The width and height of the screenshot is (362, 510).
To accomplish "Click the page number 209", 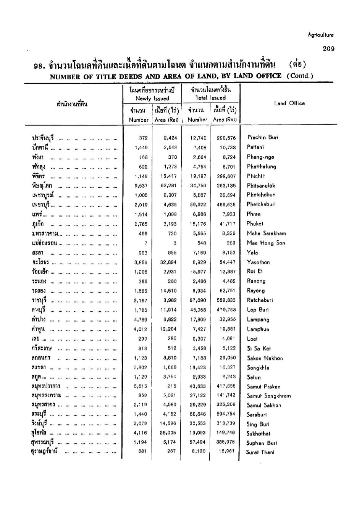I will (x=328, y=49).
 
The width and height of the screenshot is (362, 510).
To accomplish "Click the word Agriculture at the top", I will (x=320, y=35).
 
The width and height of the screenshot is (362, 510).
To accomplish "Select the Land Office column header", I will (x=289, y=103).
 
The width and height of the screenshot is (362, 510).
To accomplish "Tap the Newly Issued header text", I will (x=152, y=98).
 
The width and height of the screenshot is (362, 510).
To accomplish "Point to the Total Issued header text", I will (x=210, y=98).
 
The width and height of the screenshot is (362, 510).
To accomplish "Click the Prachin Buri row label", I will (x=262, y=137).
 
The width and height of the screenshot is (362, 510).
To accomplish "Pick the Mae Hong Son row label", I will (x=266, y=243).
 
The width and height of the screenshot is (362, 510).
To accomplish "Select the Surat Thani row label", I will (x=260, y=452).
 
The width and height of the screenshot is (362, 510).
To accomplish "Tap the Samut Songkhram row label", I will (x=268, y=396).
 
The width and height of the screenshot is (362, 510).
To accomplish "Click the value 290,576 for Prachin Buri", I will (x=226, y=138).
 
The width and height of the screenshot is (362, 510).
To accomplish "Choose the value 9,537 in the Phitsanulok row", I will (x=141, y=186).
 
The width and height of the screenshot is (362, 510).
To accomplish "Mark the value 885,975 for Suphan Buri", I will (x=226, y=442).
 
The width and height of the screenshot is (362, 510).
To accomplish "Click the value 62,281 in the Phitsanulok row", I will (x=168, y=186).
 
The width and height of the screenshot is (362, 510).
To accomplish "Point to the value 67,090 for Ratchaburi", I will (x=198, y=301).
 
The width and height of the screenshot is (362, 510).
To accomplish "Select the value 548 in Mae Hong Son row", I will (x=202, y=243).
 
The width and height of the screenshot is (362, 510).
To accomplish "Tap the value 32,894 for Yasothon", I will (x=168, y=262).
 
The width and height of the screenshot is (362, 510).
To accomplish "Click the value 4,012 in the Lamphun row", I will (x=141, y=329).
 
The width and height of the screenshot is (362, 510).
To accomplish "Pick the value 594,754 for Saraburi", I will (x=226, y=414).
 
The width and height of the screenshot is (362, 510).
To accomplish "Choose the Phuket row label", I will (x=255, y=224).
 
